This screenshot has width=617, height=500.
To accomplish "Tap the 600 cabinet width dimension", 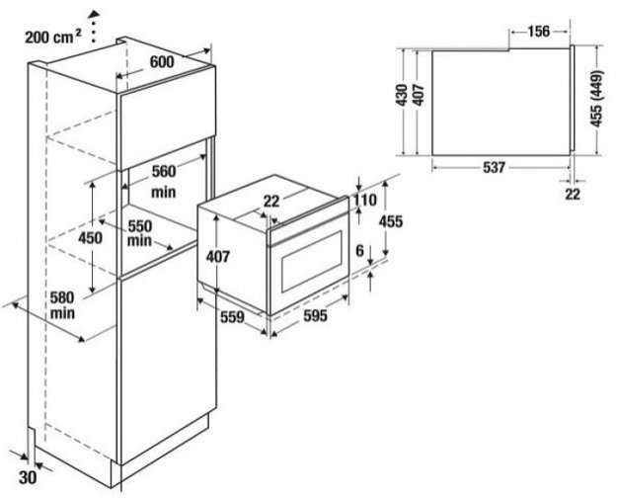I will click(163, 61).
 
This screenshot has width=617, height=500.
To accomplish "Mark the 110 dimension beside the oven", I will click(365, 201).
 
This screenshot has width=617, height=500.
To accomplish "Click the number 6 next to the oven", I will click(361, 250).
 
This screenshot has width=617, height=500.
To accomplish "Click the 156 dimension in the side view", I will click(539, 31).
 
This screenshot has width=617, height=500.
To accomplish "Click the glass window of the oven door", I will click(312, 265).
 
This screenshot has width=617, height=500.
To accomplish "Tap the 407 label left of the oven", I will click(218, 256).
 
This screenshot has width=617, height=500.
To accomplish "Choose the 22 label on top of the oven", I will click(272, 202).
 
